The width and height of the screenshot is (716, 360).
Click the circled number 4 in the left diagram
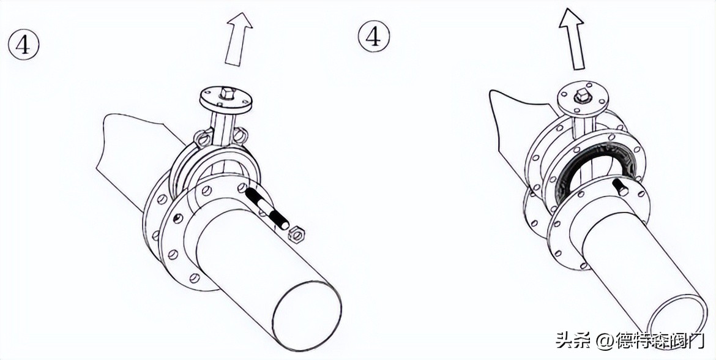[23, 44]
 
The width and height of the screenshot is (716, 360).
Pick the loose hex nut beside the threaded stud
[298, 233]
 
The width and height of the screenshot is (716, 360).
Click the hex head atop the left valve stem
[226, 94]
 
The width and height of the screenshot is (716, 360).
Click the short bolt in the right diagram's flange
[620, 187]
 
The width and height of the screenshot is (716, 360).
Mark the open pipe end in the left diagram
[307, 315]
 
